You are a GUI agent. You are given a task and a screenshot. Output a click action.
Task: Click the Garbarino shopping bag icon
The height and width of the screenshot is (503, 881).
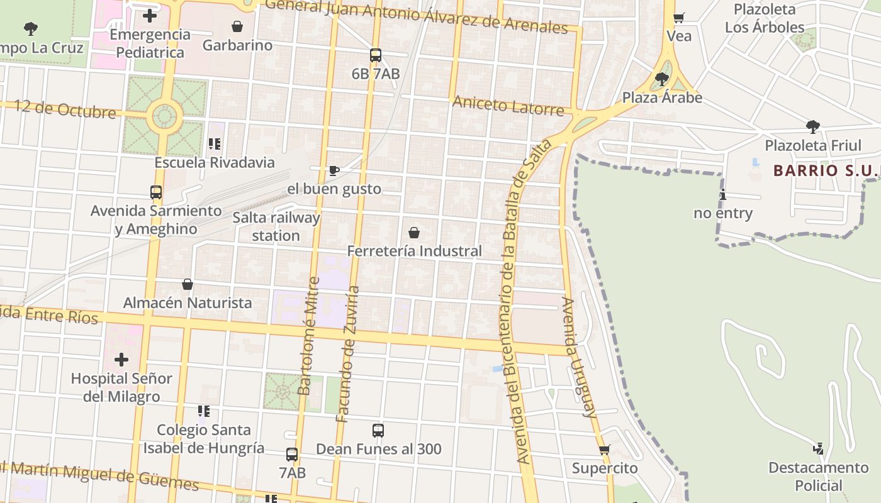(x=237, y=26)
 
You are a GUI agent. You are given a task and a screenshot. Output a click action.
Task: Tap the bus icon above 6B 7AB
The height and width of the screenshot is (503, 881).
(x=376, y=55)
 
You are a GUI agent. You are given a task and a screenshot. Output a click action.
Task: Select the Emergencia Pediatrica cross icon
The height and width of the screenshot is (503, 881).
(x=150, y=16)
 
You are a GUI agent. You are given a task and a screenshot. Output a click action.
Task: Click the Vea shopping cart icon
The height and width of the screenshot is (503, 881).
(x=678, y=18)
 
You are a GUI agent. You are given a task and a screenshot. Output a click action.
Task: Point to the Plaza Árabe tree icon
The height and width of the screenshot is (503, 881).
(x=661, y=79)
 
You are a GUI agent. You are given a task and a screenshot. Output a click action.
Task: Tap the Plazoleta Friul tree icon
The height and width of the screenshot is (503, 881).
(x=813, y=127)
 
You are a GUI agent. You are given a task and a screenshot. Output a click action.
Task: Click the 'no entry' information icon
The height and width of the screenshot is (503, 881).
(x=723, y=195)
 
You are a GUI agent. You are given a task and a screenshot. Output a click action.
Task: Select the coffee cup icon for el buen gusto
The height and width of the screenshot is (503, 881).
(x=334, y=170)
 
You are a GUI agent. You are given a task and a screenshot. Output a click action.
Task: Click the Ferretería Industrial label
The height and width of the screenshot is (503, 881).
(x=414, y=251)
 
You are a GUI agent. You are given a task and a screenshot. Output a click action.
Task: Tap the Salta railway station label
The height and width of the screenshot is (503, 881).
(x=276, y=227)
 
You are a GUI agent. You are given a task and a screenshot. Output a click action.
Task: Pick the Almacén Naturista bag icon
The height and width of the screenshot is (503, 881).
(x=188, y=284)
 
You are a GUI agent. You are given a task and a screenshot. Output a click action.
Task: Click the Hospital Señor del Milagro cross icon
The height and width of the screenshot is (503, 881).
(x=121, y=360)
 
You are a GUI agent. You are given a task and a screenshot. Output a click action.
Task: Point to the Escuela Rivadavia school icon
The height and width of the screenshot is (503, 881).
(x=215, y=144)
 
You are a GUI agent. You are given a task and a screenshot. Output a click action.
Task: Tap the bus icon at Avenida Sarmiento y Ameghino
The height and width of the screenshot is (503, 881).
(x=156, y=192)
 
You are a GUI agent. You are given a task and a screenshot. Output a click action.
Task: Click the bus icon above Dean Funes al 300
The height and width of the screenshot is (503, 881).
(x=378, y=431)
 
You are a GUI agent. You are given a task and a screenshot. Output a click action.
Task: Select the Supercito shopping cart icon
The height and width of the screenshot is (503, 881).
(x=605, y=450)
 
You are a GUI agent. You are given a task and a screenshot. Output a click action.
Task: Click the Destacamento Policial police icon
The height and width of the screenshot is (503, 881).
(x=818, y=449)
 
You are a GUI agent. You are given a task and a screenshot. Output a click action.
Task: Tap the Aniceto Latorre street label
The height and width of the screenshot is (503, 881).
(x=508, y=106)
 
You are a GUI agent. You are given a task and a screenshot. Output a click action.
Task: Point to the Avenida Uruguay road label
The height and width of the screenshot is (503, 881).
(x=578, y=357)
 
